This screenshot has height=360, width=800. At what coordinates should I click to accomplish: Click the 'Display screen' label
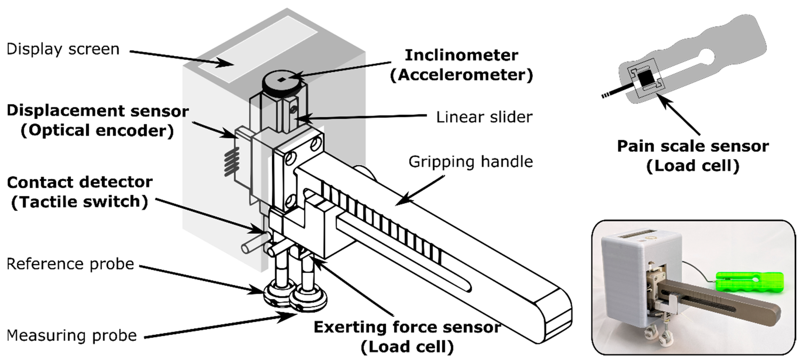coord(63,49)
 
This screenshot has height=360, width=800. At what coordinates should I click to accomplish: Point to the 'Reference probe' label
coord(70,264)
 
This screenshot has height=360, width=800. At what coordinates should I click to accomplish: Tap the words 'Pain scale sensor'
coord(693,146)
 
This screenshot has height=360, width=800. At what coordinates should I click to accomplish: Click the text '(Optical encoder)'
coord(97,130)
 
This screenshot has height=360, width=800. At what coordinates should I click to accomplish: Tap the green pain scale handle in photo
coord(749,282)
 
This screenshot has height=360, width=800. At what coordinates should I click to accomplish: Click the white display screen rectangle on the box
coord(258,50)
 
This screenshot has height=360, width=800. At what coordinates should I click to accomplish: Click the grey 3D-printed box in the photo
coord(624,273)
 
